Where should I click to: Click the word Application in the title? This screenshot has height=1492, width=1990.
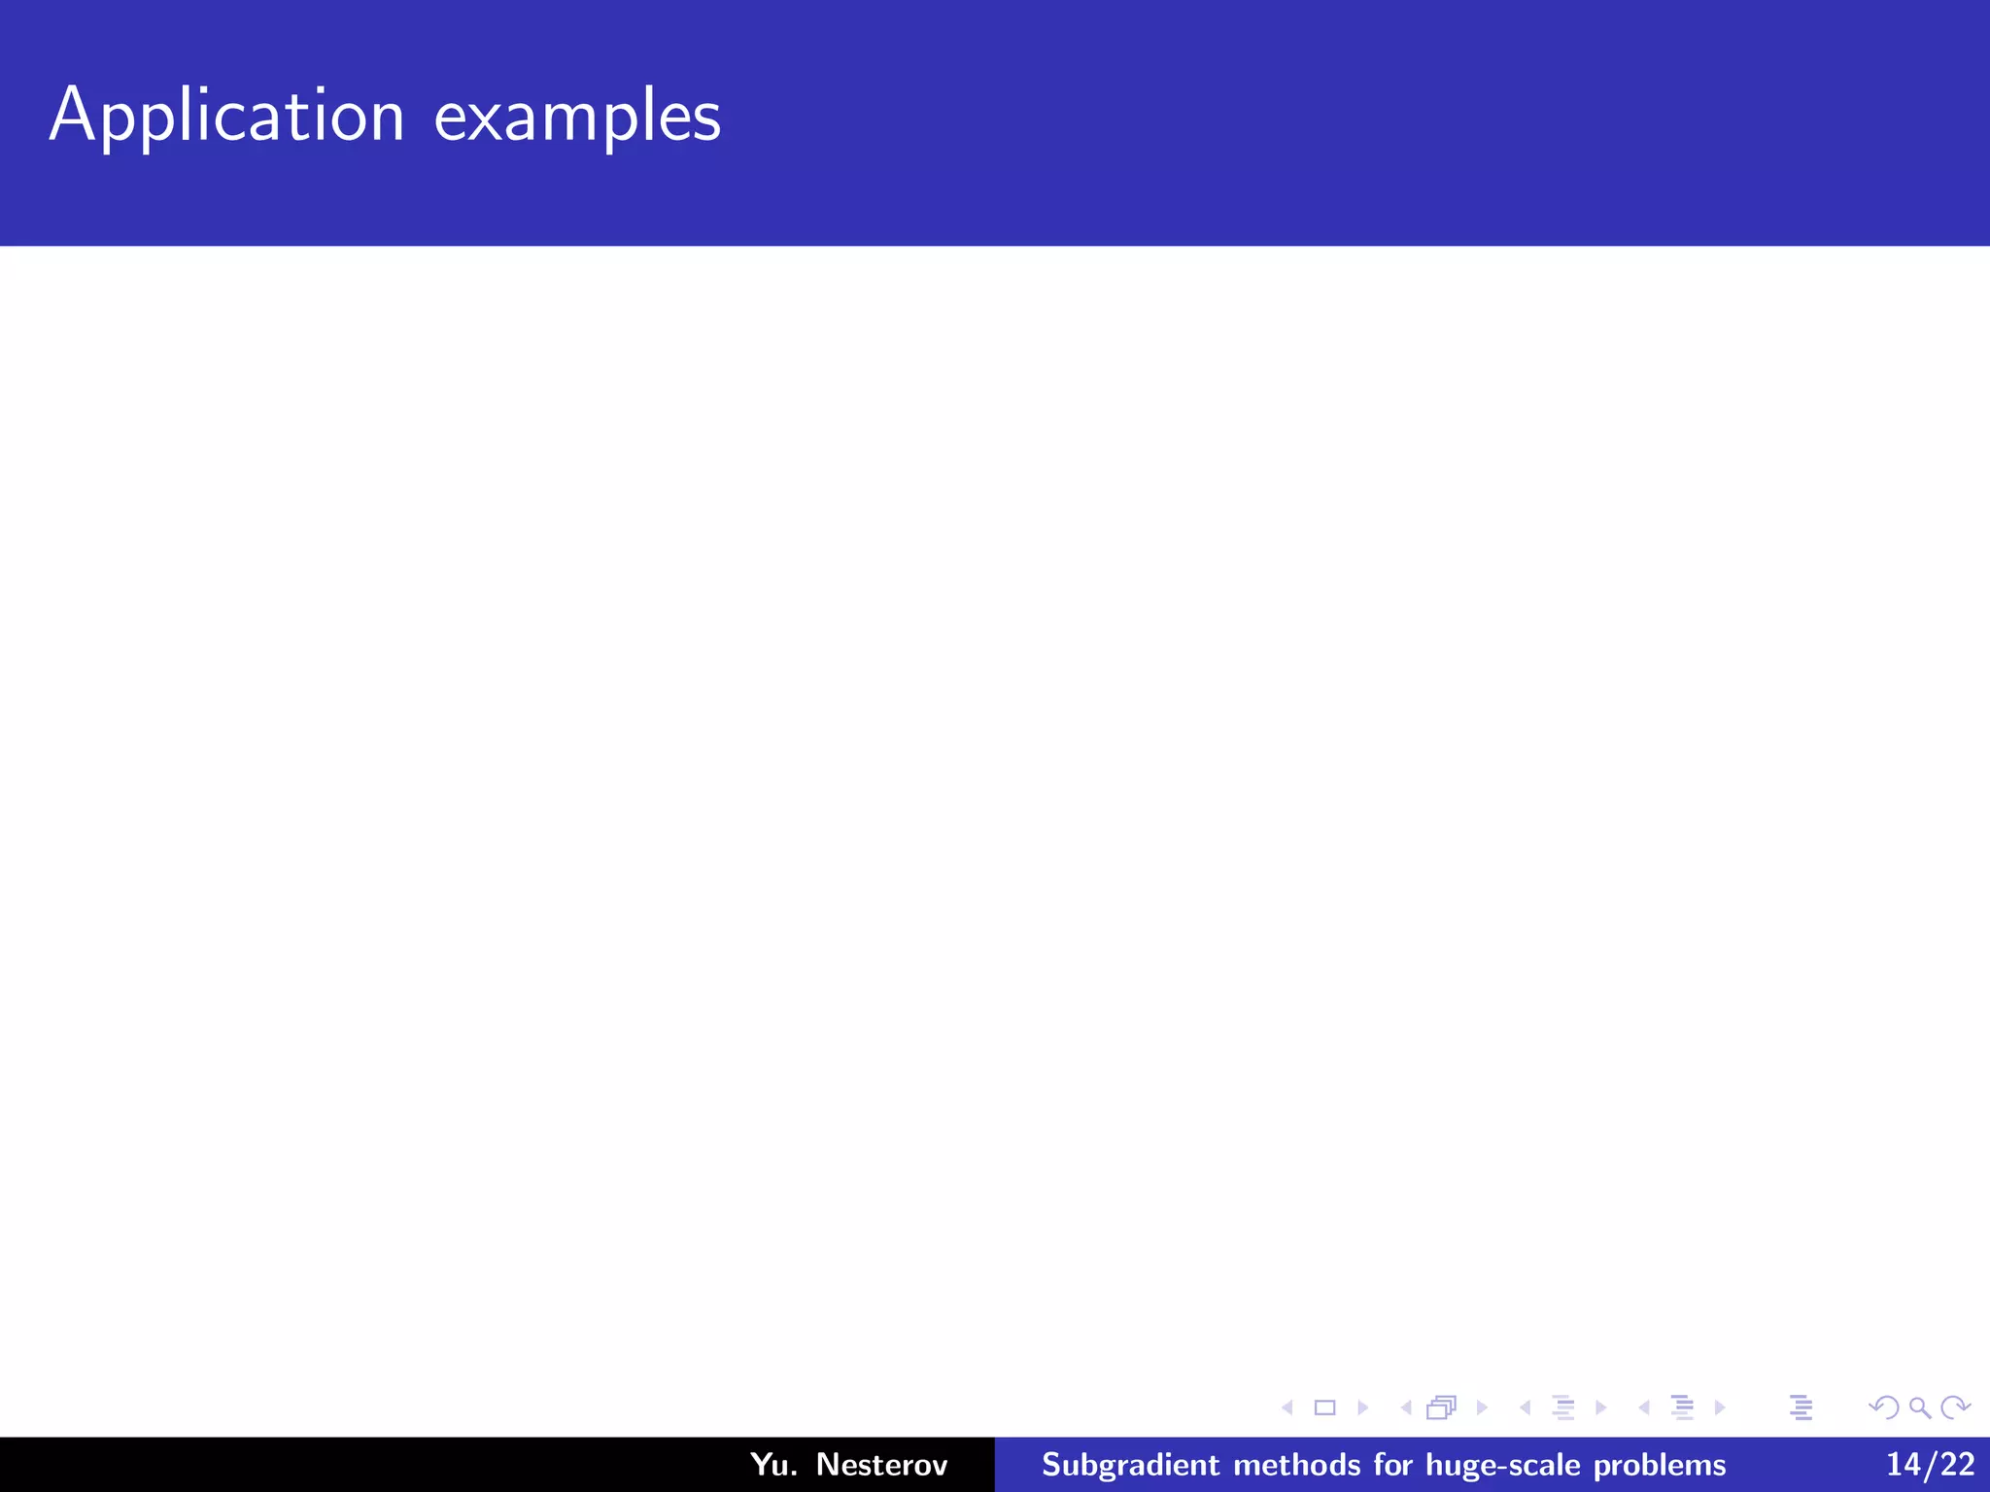click(x=226, y=117)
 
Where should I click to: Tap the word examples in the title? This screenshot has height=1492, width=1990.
click(x=577, y=117)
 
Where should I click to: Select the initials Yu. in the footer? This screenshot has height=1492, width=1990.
click(x=773, y=1464)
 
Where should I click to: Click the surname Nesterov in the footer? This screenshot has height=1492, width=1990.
click(x=881, y=1464)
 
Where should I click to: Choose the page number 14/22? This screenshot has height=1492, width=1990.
click(x=1930, y=1464)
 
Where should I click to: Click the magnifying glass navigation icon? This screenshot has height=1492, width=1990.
click(x=1919, y=1407)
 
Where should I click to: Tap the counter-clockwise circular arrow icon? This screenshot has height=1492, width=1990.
click(x=1884, y=1407)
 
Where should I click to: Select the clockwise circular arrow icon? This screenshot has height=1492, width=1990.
click(x=1955, y=1407)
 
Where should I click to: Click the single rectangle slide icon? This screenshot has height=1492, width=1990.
click(x=1324, y=1407)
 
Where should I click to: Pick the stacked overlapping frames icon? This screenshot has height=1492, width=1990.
click(x=1442, y=1407)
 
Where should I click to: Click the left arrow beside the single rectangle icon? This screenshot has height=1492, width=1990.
click(x=1287, y=1407)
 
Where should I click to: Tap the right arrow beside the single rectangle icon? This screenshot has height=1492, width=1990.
click(x=1362, y=1407)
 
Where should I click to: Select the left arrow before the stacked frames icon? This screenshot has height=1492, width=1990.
click(x=1406, y=1407)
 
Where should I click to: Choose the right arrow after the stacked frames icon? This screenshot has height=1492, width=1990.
click(x=1482, y=1407)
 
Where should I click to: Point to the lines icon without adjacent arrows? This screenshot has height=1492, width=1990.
click(x=1801, y=1407)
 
